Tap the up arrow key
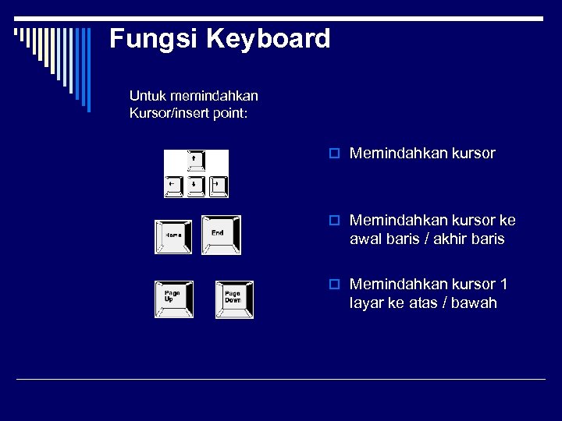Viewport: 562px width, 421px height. pos(194,160)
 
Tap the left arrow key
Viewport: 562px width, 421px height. pos(173,186)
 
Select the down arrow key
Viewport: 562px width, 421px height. pos(194,186)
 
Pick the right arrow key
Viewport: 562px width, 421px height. pos(218,186)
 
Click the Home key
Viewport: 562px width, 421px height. pos(173,235)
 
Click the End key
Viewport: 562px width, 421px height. pos(221,234)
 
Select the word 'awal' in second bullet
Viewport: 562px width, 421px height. pos(365,239)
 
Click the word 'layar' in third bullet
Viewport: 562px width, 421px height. pos(366,303)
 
